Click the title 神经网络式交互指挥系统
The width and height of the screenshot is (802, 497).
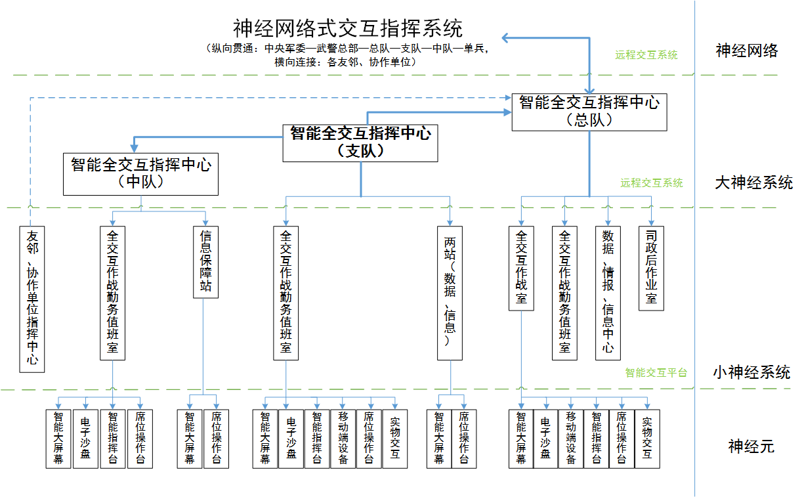click(348, 28)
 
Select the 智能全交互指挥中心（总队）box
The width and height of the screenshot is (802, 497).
click(589, 111)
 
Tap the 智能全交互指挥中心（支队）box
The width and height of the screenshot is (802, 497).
click(360, 142)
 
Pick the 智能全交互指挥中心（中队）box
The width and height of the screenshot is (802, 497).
click(140, 173)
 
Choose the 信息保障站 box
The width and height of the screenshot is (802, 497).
click(206, 262)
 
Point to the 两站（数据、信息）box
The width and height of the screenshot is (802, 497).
click(450, 293)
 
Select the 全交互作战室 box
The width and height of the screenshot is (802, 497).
click(521, 268)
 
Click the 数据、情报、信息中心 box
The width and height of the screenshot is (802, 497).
click(608, 293)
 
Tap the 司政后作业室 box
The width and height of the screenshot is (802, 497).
click(651, 268)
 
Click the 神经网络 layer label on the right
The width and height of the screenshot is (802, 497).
click(747, 51)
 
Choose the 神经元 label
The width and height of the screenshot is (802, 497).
click(751, 447)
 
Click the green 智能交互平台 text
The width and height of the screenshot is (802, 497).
click(656, 373)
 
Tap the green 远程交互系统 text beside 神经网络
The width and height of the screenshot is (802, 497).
click(646, 55)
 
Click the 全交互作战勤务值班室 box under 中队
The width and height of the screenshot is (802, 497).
click(112, 293)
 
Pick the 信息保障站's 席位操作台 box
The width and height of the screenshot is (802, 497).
click(216, 439)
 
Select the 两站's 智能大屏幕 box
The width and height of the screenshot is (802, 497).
click(439, 439)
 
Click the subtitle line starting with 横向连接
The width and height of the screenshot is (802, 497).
click(346, 62)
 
